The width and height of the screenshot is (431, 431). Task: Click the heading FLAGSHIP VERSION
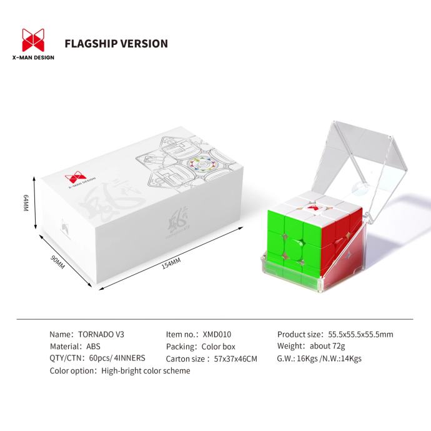pos(116,44)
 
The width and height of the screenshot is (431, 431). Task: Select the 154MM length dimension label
pos(171,264)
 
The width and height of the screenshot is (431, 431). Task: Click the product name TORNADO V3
pos(102,334)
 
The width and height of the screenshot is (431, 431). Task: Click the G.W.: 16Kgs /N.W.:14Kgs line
pos(319,359)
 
